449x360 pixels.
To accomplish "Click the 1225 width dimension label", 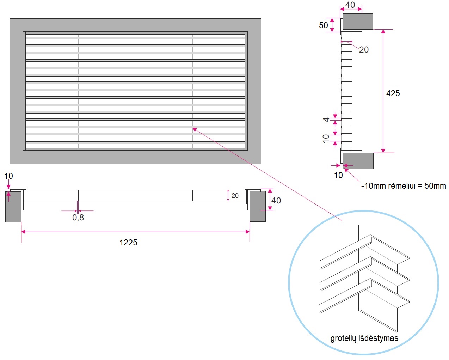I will click(128, 243).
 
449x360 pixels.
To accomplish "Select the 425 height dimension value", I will click(393, 93).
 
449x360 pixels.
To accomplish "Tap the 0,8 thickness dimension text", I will click(78, 218).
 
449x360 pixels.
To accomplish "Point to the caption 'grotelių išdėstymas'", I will click(364, 338).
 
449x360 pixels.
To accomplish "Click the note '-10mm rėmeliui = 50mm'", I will click(403, 186).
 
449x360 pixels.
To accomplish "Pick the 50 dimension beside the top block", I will click(323, 25).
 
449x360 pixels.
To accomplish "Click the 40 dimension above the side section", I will click(350, 5).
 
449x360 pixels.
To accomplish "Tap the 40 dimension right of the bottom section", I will click(276, 201).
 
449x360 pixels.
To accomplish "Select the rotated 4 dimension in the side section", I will click(326, 120).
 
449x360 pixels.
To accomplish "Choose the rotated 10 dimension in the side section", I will click(326, 138).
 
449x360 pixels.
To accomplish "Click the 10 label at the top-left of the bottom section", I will click(8, 176).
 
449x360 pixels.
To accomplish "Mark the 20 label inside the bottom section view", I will click(235, 196).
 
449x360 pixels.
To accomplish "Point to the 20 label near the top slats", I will click(364, 50).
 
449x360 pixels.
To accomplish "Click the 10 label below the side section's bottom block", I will click(338, 175).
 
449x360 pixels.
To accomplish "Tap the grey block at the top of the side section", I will click(358, 22).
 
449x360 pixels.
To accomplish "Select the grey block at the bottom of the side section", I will click(358, 161).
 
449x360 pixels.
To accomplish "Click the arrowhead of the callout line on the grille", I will click(194, 129).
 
